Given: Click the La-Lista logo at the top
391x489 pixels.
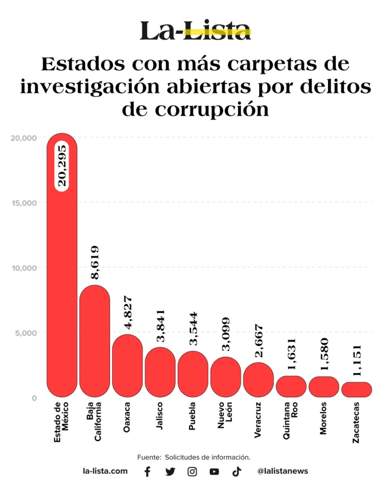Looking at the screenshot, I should [195, 31].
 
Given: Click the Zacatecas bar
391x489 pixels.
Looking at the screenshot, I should [356, 390].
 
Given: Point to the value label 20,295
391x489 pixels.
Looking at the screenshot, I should [62, 165].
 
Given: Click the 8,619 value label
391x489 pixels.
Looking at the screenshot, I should [95, 262].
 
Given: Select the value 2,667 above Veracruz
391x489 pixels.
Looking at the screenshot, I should [259, 341].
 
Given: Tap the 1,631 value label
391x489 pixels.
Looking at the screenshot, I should [292, 354].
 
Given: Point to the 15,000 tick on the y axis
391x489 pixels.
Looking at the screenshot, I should [24, 203].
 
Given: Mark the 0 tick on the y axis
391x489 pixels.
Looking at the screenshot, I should [34, 398].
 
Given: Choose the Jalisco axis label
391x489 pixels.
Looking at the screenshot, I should [160, 416].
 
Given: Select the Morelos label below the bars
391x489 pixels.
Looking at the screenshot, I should [323, 418].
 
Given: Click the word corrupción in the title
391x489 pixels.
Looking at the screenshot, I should [212, 110].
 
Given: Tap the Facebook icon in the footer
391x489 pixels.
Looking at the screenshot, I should [147, 471].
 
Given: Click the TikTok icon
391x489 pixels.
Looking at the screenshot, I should [237, 471].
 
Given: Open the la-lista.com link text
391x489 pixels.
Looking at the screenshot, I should [105, 471].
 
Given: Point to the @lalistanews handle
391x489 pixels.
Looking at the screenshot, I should [282, 471].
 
